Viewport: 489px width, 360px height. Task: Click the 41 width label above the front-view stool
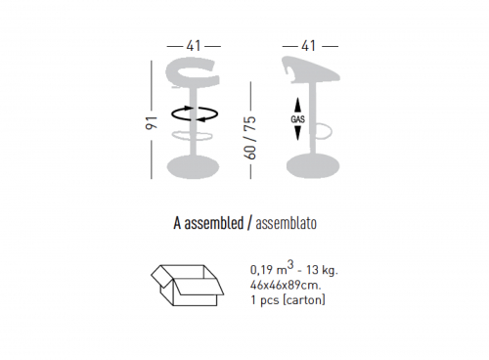194,46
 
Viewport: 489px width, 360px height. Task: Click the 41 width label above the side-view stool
308,46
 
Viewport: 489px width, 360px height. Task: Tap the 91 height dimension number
152,122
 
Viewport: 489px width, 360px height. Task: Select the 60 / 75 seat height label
250,138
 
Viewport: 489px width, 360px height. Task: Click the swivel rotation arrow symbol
195,113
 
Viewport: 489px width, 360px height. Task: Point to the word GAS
297,119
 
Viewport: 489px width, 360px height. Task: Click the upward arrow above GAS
297,106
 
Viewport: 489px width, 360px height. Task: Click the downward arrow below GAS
297,132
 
